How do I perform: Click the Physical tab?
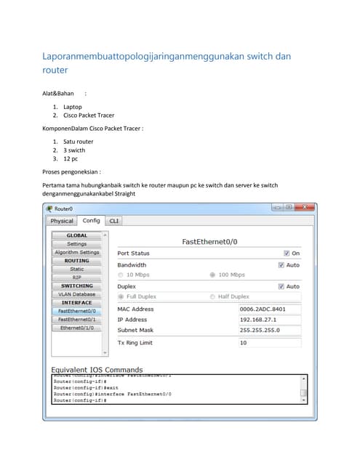[x=62, y=221]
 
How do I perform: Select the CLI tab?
[x=114, y=221]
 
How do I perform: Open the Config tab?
[x=91, y=220]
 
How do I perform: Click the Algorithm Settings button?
[x=77, y=252]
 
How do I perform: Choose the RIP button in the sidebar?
[x=77, y=278]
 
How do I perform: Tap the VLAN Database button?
[x=77, y=294]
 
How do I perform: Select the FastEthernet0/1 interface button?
[x=77, y=320]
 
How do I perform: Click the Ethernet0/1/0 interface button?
[x=77, y=328]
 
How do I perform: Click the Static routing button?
[x=77, y=269]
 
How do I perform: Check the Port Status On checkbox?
[x=287, y=254]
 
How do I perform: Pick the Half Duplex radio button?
[x=212, y=296]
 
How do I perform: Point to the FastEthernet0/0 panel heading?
[x=209, y=241]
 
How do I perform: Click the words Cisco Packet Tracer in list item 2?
[x=89, y=116]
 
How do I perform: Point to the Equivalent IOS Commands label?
[x=97, y=370]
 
